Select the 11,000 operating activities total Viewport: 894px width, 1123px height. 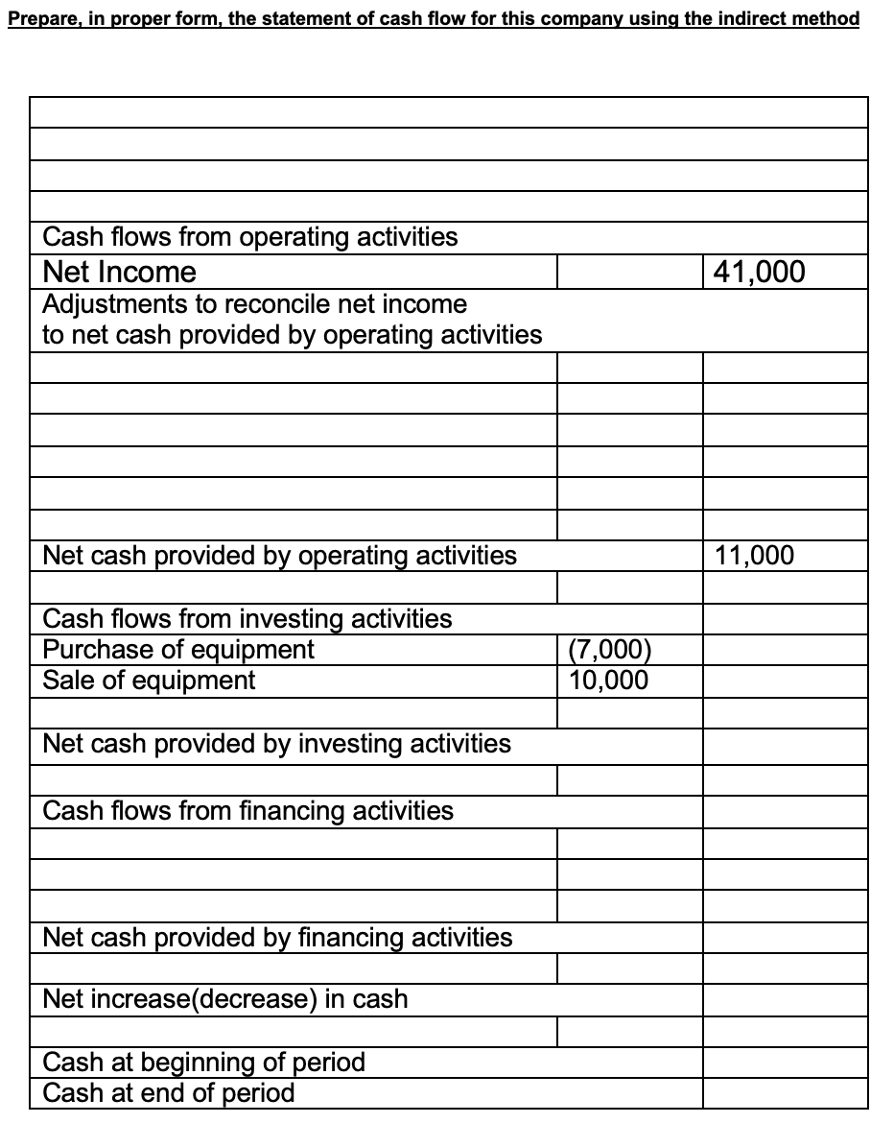pos(755,555)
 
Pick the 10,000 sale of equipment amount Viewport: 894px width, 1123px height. pos(607,681)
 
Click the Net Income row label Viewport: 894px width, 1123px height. pos(120,272)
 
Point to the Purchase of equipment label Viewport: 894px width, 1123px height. pos(178,650)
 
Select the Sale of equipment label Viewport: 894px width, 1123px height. pos(150,681)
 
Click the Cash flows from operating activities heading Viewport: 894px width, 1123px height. pos(250,237)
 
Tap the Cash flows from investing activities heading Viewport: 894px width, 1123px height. pos(247,619)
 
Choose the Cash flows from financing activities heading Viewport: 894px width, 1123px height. pos(248,811)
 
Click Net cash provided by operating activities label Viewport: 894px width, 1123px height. pos(280,555)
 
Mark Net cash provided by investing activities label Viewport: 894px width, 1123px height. pos(277,744)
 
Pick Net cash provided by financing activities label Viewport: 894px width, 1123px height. pos(278,937)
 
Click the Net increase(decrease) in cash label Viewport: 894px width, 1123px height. pos(225,999)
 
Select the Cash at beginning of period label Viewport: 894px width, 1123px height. pos(204,1063)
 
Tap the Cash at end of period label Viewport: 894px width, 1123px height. pos(169,1092)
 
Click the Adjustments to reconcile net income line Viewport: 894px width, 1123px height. pos(255,304)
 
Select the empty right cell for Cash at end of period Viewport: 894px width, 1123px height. pos(785,1093)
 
